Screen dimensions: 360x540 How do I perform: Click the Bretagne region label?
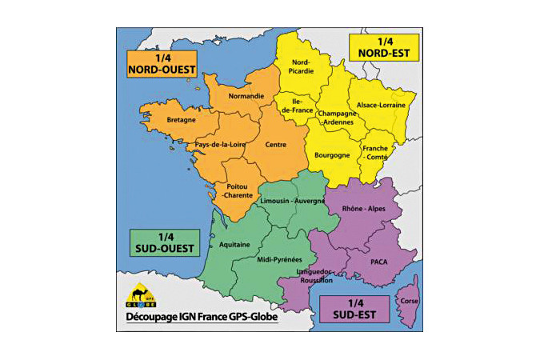[181, 120]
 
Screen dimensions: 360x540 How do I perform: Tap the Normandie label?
[246, 97]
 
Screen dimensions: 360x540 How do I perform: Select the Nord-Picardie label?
[302, 66]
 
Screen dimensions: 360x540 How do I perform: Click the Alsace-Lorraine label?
[381, 105]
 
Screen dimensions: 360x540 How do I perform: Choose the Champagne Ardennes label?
[337, 118]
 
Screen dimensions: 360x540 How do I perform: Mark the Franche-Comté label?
[375, 153]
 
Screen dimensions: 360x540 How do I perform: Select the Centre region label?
[277, 145]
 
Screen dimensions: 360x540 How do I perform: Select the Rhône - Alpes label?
[363, 208]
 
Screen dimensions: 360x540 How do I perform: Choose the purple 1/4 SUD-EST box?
[354, 308]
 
